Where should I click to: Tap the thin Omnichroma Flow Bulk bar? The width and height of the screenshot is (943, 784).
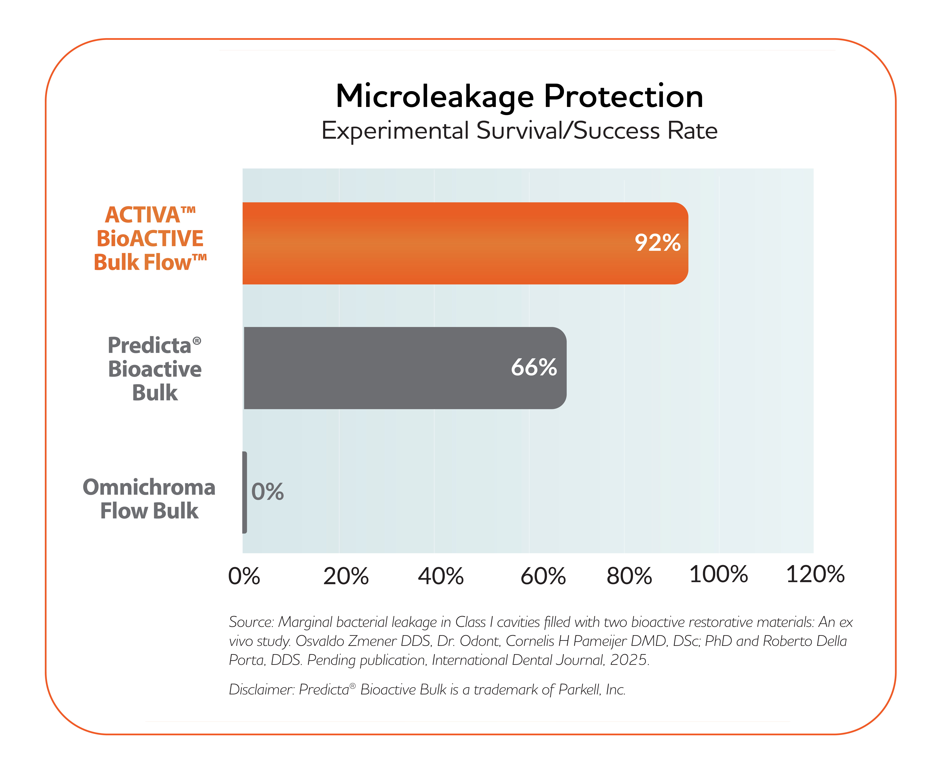pyautogui.click(x=245, y=492)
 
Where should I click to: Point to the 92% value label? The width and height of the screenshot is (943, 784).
pyautogui.click(x=657, y=243)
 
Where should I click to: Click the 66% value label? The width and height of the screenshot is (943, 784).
pyautogui.click(x=534, y=368)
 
